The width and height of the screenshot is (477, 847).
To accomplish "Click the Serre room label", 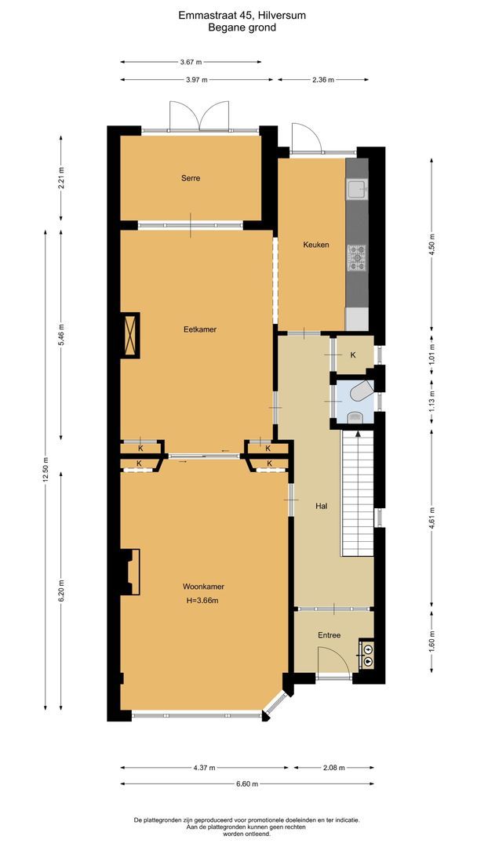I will pyautogui.click(x=189, y=178).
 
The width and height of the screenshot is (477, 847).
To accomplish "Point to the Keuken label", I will pyautogui.click(x=315, y=245).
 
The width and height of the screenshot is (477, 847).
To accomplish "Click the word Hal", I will pyautogui.click(x=321, y=506).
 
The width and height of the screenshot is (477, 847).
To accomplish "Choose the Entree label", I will pyautogui.click(x=329, y=635).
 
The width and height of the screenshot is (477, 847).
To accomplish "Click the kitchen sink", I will pyautogui.click(x=357, y=188).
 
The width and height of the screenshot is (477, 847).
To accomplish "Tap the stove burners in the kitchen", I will pyautogui.click(x=357, y=257).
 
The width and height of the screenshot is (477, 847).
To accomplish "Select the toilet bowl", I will pyautogui.click(x=362, y=391).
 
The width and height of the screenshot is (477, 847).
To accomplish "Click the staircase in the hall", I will pyautogui.click(x=356, y=494).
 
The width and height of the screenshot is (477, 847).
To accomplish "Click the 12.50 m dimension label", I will pyautogui.click(x=46, y=471).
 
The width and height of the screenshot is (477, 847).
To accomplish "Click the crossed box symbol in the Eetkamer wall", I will pyautogui.click(x=129, y=336).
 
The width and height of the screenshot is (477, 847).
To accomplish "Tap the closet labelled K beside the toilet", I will pyautogui.click(x=353, y=355).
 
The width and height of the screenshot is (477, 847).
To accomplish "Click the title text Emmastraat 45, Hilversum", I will pyautogui.click(x=242, y=13).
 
